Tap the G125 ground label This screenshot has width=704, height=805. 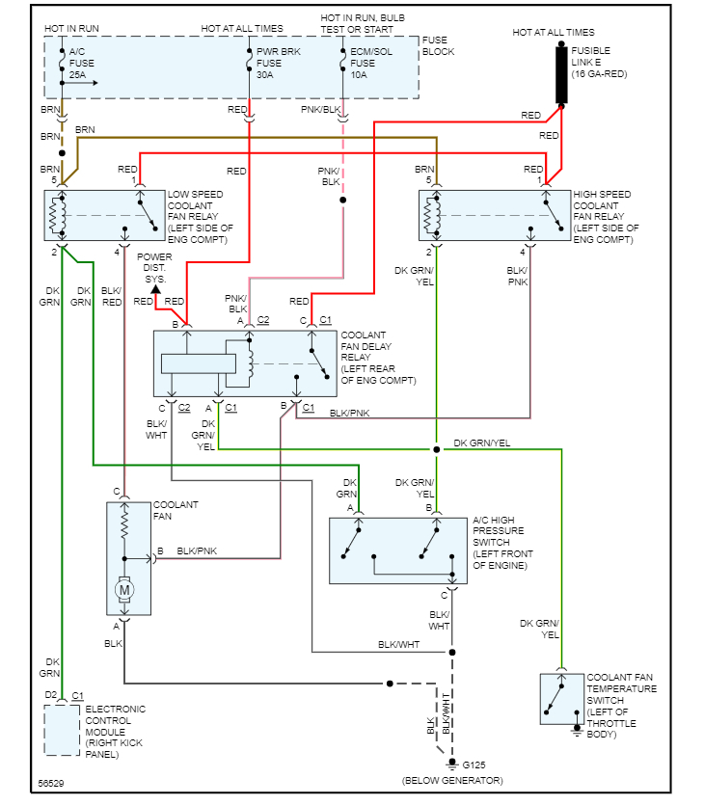[476, 765]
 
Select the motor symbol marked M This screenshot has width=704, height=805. [124, 587]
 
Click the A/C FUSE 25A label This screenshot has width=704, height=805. [83, 62]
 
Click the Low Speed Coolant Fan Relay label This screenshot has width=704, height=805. [200, 217]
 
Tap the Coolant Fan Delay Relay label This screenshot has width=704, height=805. [378, 358]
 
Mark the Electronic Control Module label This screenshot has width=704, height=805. [116, 732]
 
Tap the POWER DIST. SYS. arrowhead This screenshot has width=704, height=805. [155, 288]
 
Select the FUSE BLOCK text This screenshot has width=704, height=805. [438, 45]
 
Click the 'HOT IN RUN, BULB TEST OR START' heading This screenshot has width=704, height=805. [363, 24]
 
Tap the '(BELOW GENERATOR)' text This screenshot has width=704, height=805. [452, 780]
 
